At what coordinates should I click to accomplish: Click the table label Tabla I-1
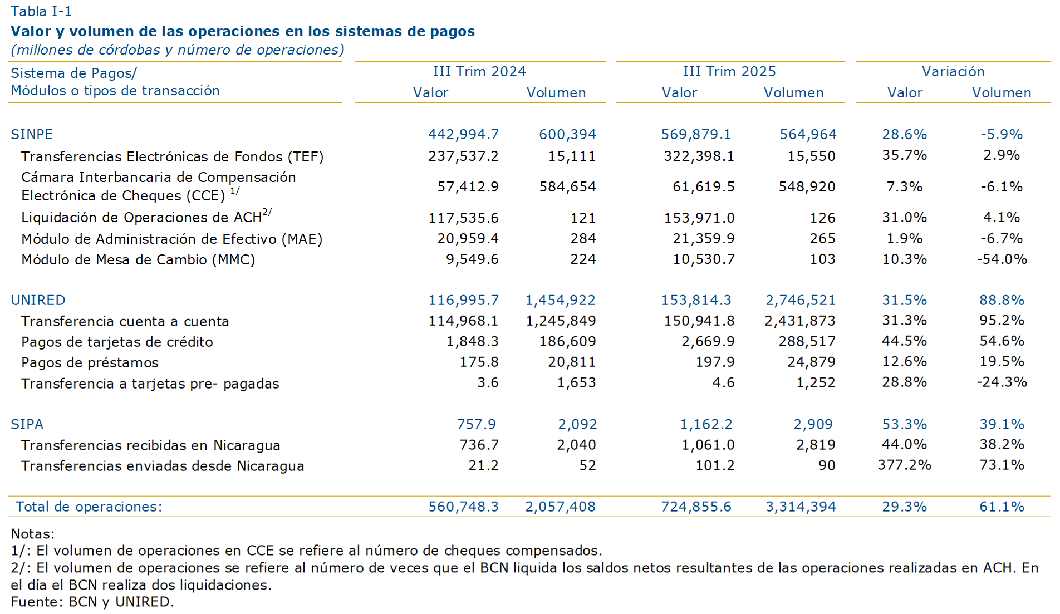pyautogui.click(x=41, y=12)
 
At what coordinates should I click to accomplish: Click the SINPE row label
pyautogui.click(x=32, y=135)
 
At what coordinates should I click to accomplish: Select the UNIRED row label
pyautogui.click(x=38, y=301)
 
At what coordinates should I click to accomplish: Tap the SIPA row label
pyautogui.click(x=27, y=425)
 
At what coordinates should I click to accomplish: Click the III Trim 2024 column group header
pyautogui.click(x=479, y=72)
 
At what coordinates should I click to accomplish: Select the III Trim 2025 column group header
pyautogui.click(x=729, y=72)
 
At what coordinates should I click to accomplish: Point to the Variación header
pyautogui.click(x=953, y=72)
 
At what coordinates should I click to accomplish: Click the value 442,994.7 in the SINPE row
pyautogui.click(x=463, y=135)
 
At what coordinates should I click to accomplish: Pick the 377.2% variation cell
pyautogui.click(x=904, y=465)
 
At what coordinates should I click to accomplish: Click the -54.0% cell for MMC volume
pyautogui.click(x=1002, y=259)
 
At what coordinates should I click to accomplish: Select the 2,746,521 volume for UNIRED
pyautogui.click(x=801, y=301)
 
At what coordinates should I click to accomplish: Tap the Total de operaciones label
pyautogui.click(x=89, y=507)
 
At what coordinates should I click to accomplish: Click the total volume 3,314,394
pyautogui.click(x=801, y=507)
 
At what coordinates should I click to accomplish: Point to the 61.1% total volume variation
pyautogui.click(x=1002, y=507)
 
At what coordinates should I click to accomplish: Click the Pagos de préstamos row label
pyautogui.click(x=90, y=363)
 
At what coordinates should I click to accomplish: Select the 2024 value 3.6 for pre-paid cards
pyautogui.click(x=488, y=383)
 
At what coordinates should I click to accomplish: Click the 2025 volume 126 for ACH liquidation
pyautogui.click(x=822, y=218)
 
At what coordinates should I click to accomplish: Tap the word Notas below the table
pyautogui.click(x=32, y=534)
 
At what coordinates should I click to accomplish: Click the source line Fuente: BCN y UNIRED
pyautogui.click(x=92, y=602)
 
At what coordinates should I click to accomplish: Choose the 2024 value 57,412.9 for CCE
pyautogui.click(x=468, y=187)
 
